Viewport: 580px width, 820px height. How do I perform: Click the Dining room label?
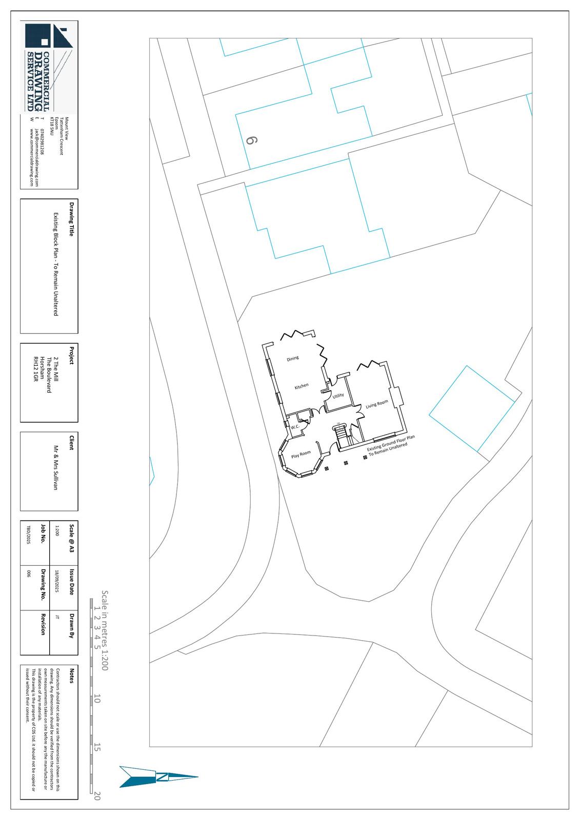(293, 358)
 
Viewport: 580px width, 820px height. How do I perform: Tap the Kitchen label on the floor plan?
(302, 386)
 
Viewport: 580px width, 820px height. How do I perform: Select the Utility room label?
(338, 396)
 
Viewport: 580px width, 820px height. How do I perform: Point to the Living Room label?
(377, 404)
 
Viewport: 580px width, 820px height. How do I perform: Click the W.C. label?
(295, 427)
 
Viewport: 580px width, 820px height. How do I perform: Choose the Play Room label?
(301, 454)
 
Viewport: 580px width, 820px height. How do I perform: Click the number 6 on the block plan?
(251, 140)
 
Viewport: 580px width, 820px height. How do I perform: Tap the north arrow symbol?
(159, 776)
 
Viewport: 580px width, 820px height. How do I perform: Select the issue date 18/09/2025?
(57, 581)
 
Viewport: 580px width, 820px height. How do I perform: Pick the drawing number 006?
(29, 574)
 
